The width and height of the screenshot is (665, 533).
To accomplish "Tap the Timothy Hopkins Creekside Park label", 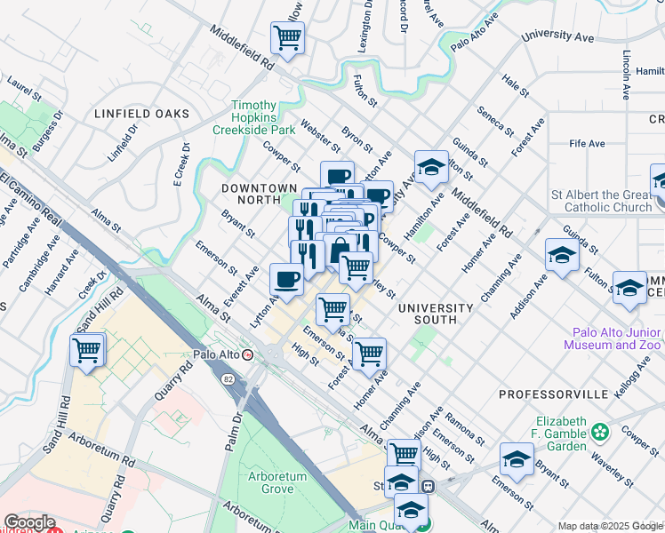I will (252, 117).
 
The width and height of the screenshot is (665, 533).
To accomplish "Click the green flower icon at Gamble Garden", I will (602, 432).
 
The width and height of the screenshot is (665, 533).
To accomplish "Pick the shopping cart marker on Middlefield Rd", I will (288, 38).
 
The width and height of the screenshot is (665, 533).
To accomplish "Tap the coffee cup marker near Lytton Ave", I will (286, 279).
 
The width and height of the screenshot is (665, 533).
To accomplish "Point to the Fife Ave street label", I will (588, 143).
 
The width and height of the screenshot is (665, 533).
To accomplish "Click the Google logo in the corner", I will (28, 522).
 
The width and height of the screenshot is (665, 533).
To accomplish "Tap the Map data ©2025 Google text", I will (610, 526).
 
